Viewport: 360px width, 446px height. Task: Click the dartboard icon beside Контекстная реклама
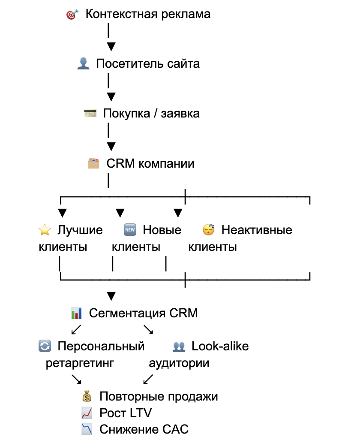[x=72, y=14]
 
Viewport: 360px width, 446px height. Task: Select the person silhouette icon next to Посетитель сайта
[x=83, y=63]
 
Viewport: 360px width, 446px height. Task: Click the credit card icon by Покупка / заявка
[x=90, y=113]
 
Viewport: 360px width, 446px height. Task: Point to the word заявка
[x=180, y=114]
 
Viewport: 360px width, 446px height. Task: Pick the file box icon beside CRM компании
[x=93, y=163]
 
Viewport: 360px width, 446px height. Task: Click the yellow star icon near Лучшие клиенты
[x=45, y=229]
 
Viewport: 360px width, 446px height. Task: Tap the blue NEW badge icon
[x=130, y=230]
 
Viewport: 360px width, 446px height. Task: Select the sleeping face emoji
[x=208, y=229]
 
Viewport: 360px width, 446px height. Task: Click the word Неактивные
[x=257, y=230]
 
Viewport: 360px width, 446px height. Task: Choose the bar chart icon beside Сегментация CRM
[x=76, y=313]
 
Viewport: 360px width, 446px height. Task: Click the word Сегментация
[x=127, y=313]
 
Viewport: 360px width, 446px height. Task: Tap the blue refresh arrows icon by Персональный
[x=45, y=346]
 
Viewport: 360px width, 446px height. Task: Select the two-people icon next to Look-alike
[x=179, y=347]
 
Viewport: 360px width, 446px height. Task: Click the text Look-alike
[x=220, y=346]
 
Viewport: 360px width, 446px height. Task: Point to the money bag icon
[x=87, y=396]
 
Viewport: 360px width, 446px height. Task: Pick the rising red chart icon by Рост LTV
[x=87, y=413]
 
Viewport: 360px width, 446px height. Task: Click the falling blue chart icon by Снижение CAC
[x=87, y=429]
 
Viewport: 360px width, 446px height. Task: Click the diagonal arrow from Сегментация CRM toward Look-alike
[x=148, y=330]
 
